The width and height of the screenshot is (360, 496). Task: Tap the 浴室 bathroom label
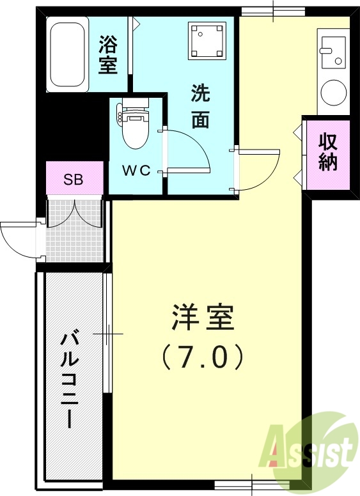[x=108, y=54]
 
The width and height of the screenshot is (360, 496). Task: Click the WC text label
[x=136, y=171]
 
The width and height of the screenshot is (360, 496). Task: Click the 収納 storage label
[x=328, y=152]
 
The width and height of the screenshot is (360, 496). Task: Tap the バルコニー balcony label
[x=68, y=380]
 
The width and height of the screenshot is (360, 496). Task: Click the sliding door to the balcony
[x=108, y=333]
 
